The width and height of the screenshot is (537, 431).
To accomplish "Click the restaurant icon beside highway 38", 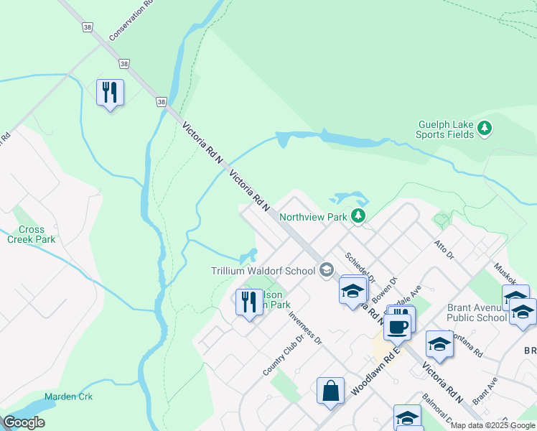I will pyautogui.click(x=110, y=93).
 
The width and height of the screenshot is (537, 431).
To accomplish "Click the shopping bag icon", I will pyautogui.click(x=330, y=391).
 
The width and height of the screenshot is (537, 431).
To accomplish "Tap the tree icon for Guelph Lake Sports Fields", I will pyautogui.click(x=485, y=129).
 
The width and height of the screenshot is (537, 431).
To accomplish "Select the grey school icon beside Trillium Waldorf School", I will pyautogui.click(x=327, y=270).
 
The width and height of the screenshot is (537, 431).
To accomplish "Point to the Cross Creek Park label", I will pyautogui.click(x=31, y=234).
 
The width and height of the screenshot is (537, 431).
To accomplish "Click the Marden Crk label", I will pyautogui.click(x=68, y=397).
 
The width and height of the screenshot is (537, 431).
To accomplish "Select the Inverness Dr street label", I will pyautogui.click(x=304, y=328).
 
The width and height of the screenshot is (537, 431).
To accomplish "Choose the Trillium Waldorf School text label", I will pyautogui.click(x=263, y=271).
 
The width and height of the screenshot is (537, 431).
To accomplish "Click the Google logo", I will pyautogui.click(x=24, y=422).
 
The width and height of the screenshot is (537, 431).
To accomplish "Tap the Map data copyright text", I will pyautogui.click(x=492, y=425).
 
